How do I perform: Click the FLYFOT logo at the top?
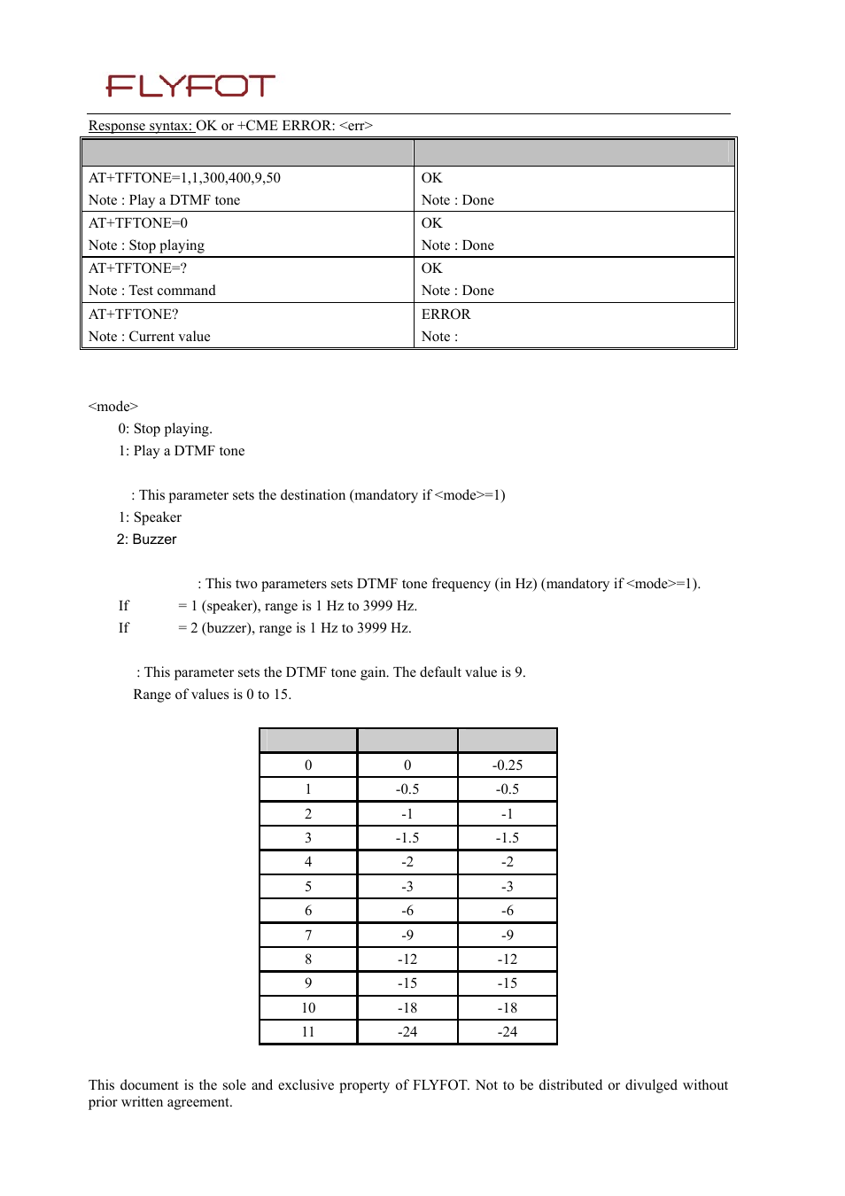click(x=190, y=86)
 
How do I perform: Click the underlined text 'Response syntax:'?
click(x=140, y=126)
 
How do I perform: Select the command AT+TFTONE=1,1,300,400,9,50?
click(x=184, y=178)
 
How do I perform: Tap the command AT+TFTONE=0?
click(x=138, y=223)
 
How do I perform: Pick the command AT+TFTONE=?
click(x=137, y=268)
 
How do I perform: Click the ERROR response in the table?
click(x=446, y=315)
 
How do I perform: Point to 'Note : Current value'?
click(x=150, y=337)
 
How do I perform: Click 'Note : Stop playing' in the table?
click(x=146, y=245)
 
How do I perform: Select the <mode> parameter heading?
click(x=113, y=407)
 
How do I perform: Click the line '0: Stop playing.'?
click(x=165, y=429)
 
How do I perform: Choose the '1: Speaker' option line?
click(x=150, y=517)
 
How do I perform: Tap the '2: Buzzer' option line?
click(x=146, y=540)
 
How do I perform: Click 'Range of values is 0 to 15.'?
click(x=212, y=695)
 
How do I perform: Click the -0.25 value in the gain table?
click(x=508, y=765)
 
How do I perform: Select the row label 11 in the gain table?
click(x=308, y=1032)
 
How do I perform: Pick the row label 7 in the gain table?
click(x=308, y=935)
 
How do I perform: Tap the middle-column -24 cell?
click(x=407, y=1032)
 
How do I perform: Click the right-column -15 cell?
click(x=508, y=983)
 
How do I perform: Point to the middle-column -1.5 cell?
click(x=407, y=838)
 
